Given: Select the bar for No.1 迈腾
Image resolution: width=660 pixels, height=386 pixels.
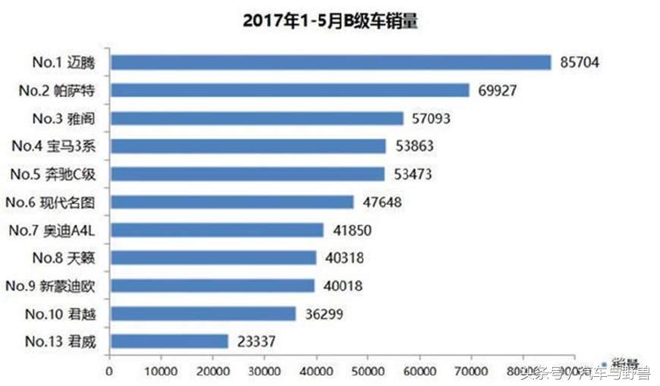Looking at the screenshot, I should pos(330,62).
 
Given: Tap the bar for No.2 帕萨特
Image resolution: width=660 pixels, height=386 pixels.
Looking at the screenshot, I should pos(290,90).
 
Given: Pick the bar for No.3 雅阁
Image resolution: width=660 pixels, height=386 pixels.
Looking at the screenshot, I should pos(256,118).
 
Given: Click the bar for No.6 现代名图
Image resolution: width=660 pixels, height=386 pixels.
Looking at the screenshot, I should pos(231,202).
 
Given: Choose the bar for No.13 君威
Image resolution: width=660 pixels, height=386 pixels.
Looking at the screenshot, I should pos(168,341).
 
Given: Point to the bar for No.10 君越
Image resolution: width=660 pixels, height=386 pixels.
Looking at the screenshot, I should pos(203,313).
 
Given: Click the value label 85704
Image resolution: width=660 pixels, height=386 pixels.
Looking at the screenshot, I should pos(580,63).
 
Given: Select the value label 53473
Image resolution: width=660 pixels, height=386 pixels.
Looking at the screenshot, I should pos(413,174).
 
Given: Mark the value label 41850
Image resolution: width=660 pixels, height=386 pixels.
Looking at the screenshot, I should pos(352,231).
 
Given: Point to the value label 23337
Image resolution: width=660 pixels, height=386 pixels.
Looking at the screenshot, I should pos(255,342).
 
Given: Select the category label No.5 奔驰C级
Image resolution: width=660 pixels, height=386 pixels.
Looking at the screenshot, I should pos(59,174).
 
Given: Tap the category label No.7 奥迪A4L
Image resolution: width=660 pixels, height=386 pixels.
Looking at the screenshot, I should pos(58,230).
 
